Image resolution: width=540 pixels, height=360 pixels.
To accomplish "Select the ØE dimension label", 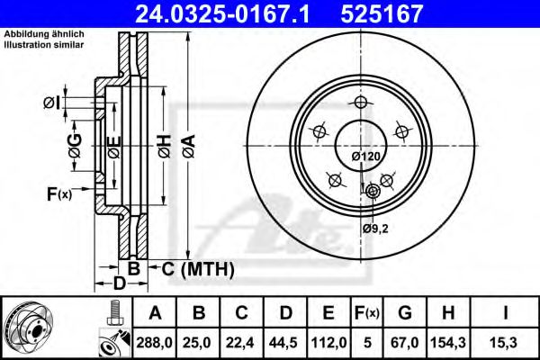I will [x=112, y=148].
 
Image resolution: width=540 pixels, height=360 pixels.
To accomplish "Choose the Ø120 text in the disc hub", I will [x=365, y=157].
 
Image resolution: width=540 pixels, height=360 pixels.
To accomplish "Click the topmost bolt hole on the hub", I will [x=359, y=103].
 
